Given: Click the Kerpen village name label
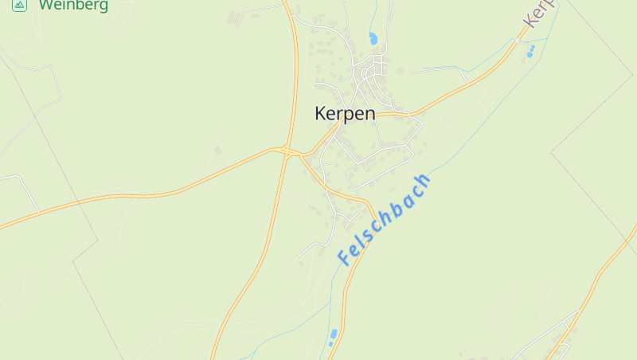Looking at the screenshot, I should point(345,114).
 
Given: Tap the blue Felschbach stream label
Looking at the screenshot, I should point(384,219).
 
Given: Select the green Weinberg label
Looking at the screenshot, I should point(72,5).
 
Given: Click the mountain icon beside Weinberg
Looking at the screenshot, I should point(20,5).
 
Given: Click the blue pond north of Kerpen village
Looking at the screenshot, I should point(373,37).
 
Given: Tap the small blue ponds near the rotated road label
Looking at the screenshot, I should point(530,51).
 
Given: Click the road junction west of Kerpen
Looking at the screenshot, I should point(287,151).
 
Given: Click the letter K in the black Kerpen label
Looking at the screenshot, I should point(321,114).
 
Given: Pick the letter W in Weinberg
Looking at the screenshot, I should point(46,5).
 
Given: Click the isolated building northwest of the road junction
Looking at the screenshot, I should point(218,149).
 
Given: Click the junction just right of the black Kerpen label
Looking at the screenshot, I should point(410,115).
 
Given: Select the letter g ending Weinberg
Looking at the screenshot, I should point(103,6).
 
